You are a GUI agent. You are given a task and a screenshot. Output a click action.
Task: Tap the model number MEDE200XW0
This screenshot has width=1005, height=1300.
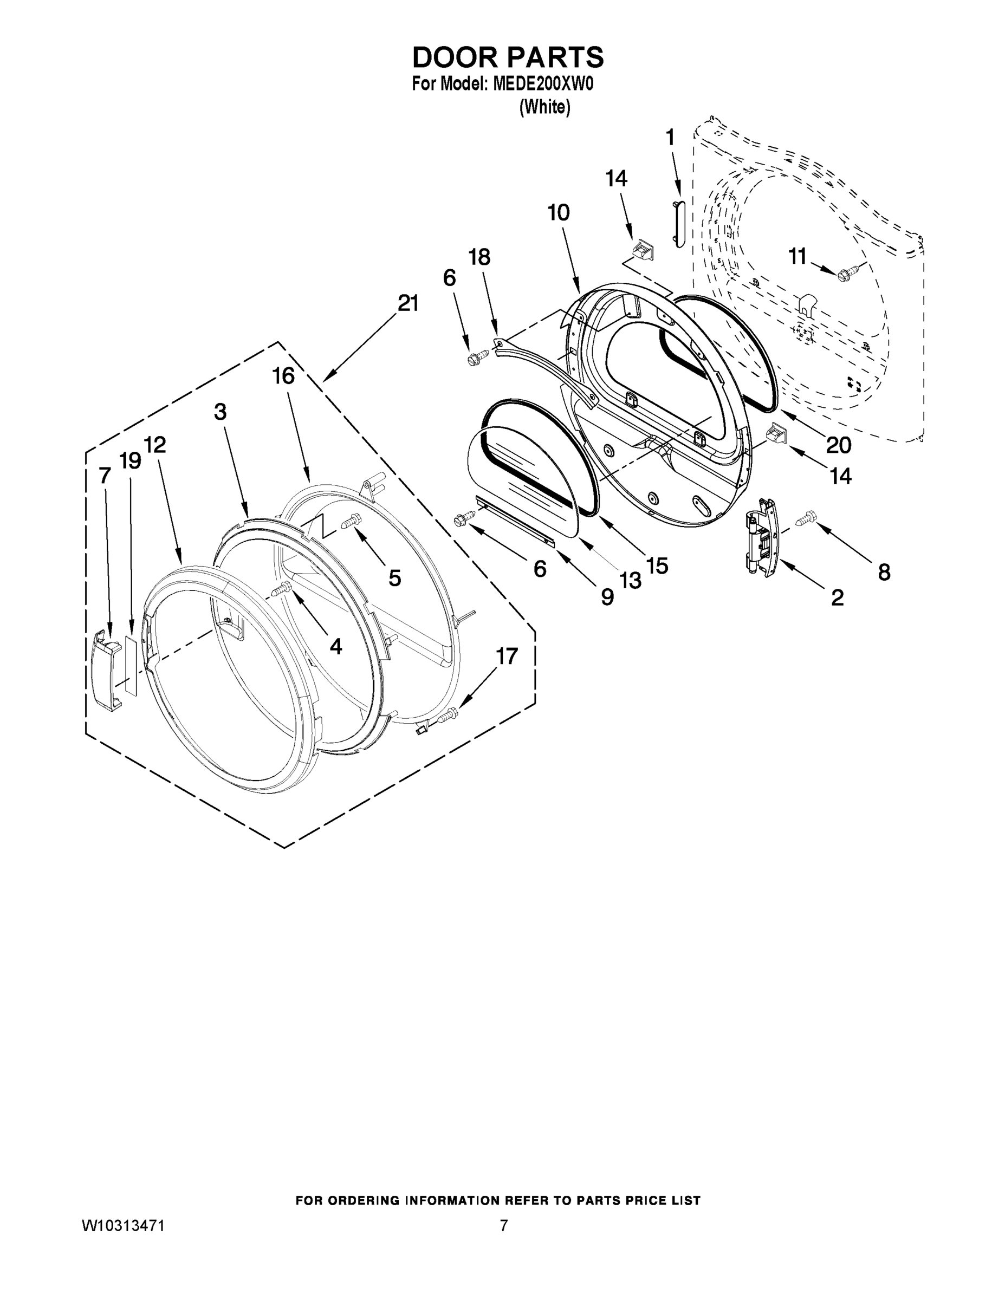pos(542,84)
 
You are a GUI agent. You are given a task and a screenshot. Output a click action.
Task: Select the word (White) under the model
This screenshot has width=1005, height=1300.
pos(545,107)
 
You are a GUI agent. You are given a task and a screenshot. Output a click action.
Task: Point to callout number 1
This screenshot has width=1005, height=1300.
pos(670,138)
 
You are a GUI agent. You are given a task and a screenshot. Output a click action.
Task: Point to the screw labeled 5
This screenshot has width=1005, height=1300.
pos(350,521)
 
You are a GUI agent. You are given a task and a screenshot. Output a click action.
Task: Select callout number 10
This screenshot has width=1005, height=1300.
pos(559,212)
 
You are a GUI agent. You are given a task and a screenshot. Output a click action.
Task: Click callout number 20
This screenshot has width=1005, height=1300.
pos(838,445)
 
